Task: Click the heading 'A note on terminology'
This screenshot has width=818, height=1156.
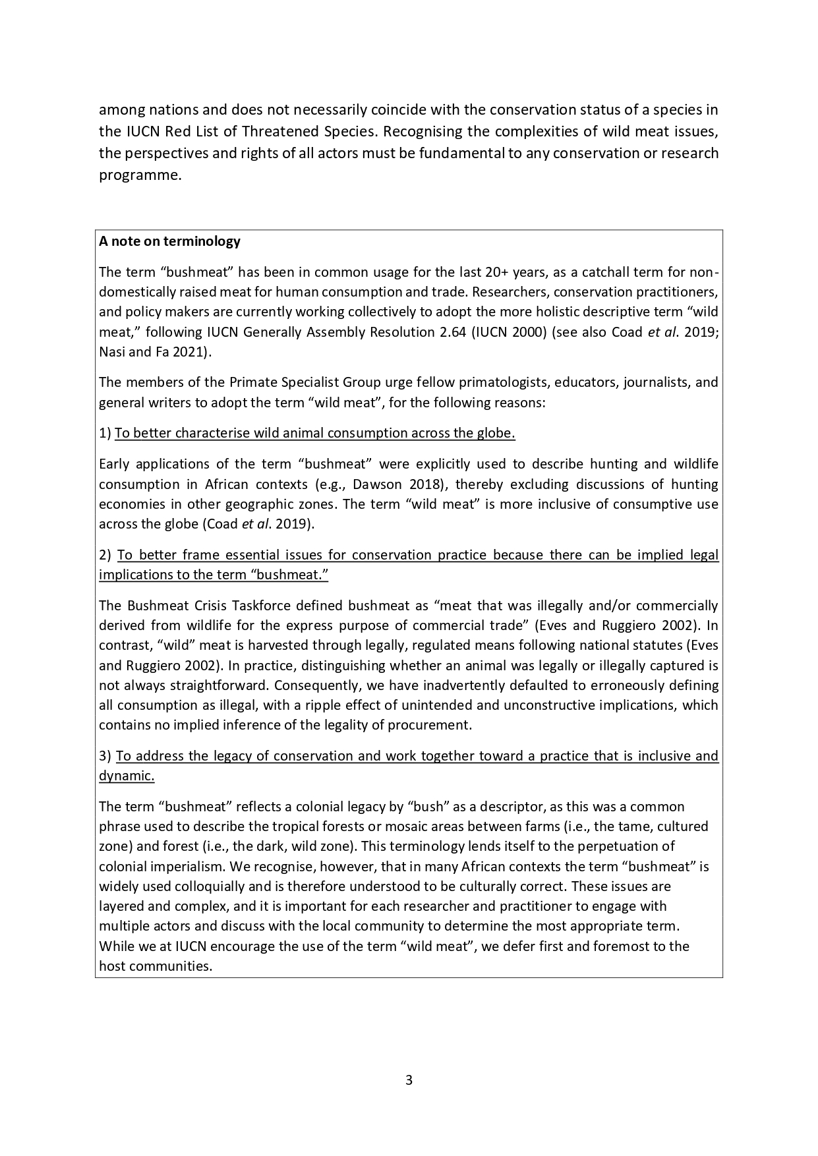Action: [x=169, y=241]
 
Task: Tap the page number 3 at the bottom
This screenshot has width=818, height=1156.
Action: [x=409, y=1080]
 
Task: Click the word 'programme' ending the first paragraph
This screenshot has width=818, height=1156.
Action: [x=138, y=175]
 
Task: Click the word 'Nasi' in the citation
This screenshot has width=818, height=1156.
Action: [x=112, y=351]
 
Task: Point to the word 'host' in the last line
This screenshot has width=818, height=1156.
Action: [x=111, y=966]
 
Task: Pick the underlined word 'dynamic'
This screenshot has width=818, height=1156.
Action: [x=125, y=776]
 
